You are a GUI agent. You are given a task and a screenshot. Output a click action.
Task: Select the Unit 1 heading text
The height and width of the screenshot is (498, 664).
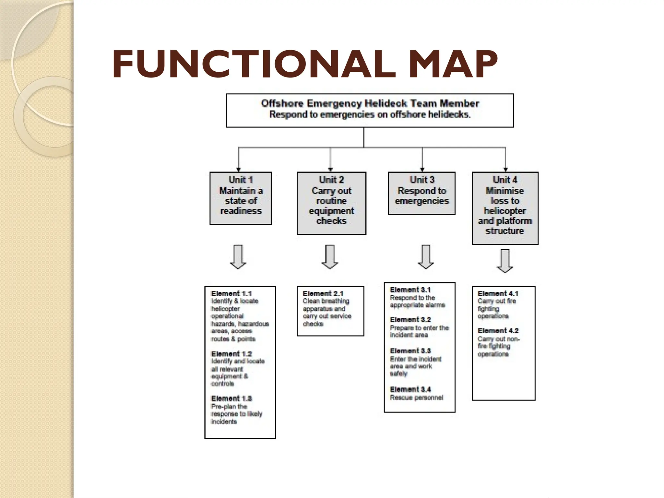(x=241, y=180)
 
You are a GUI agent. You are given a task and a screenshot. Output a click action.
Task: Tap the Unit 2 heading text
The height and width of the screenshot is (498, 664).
(x=331, y=180)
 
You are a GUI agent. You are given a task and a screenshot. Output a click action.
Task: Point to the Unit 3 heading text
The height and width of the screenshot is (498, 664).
(x=422, y=180)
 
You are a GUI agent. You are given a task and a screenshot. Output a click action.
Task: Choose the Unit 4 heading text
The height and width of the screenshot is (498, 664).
(x=505, y=180)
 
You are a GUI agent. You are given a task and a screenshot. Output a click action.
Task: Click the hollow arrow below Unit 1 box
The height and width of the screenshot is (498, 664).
(x=238, y=257)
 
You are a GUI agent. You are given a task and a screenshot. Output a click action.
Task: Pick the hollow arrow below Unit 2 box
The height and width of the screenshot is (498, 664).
(x=330, y=257)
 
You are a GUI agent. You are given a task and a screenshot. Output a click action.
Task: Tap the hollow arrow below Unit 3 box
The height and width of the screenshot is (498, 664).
(x=426, y=257)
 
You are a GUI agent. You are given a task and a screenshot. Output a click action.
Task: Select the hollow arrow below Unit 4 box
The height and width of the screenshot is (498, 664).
(x=505, y=261)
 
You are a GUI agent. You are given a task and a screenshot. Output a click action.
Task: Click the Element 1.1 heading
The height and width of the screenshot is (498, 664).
(x=231, y=294)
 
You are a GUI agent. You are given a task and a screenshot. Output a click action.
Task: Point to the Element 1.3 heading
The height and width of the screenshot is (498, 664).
(x=231, y=398)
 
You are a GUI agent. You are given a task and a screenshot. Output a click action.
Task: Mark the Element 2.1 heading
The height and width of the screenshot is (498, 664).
(x=323, y=294)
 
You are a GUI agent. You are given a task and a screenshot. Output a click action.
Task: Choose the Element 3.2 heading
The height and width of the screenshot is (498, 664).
(x=410, y=320)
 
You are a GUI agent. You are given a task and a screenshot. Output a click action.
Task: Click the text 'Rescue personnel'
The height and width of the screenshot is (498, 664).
(x=416, y=397)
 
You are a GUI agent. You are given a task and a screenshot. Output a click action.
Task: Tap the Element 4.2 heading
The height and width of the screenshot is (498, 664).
(x=498, y=331)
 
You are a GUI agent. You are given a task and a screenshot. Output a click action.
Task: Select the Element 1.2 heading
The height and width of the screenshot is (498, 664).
(x=231, y=354)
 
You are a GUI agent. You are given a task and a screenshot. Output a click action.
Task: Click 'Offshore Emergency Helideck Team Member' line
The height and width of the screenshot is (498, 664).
(x=370, y=103)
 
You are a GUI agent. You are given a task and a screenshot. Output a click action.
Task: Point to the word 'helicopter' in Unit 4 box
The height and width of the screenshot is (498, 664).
(x=505, y=211)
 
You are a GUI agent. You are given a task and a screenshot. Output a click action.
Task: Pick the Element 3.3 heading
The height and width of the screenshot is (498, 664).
(x=410, y=351)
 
